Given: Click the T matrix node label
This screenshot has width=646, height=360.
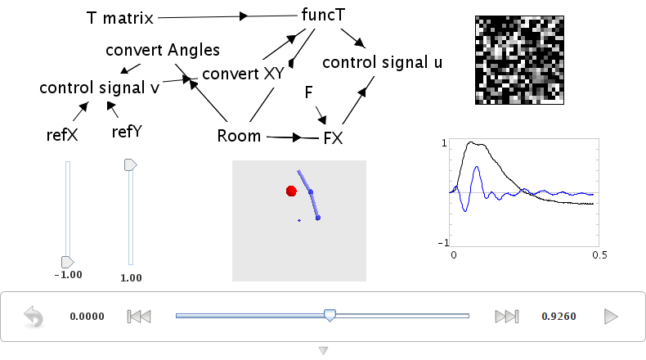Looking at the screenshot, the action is pyautogui.click(x=120, y=18).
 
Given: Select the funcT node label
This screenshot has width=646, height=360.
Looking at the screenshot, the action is pyautogui.click(x=323, y=15).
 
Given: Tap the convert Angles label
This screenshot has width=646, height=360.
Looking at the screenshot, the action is pyautogui.click(x=163, y=50).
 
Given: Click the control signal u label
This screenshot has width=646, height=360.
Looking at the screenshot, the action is pyautogui.click(x=383, y=62).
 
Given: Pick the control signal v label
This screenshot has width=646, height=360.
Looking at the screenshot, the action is pyautogui.click(x=99, y=88).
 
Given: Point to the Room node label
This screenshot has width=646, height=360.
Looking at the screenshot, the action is pyautogui.click(x=239, y=136).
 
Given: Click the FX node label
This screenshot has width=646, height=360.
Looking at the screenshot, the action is pyautogui.click(x=334, y=138).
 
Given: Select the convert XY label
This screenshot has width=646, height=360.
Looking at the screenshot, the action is pyautogui.click(x=243, y=74).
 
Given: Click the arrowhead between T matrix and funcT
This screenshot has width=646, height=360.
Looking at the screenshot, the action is pyautogui.click(x=244, y=16).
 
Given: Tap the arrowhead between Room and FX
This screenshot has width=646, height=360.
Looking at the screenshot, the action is pyautogui.click(x=297, y=137).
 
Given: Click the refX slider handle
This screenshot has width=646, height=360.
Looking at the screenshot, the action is pyautogui.click(x=68, y=262).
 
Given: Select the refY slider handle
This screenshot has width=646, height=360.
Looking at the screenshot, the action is pyautogui.click(x=131, y=165).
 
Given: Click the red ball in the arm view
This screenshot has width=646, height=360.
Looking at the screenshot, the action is pyautogui.click(x=291, y=191).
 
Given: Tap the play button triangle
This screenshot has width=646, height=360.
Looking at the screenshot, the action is pyautogui.click(x=611, y=317).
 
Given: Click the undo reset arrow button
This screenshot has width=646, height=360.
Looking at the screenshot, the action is pyautogui.click(x=34, y=317).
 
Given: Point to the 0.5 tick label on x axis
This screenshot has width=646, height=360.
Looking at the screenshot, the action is pyautogui.click(x=599, y=255).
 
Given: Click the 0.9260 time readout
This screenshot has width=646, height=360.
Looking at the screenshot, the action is pyautogui.click(x=559, y=317).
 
